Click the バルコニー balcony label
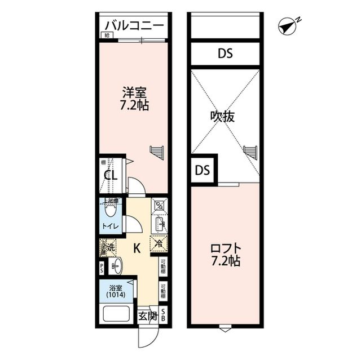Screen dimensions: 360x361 [x=134, y=26]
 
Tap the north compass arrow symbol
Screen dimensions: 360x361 [x=288, y=26]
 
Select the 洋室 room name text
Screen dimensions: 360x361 [x=134, y=92]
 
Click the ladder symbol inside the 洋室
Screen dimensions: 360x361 [x=157, y=152]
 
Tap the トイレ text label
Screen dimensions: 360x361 [x=110, y=227]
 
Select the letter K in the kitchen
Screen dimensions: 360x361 [x=137, y=247]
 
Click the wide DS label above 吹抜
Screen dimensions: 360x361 [x=225, y=54]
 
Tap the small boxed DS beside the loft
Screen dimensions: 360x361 [x=202, y=170]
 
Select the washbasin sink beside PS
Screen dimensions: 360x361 [x=116, y=265]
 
